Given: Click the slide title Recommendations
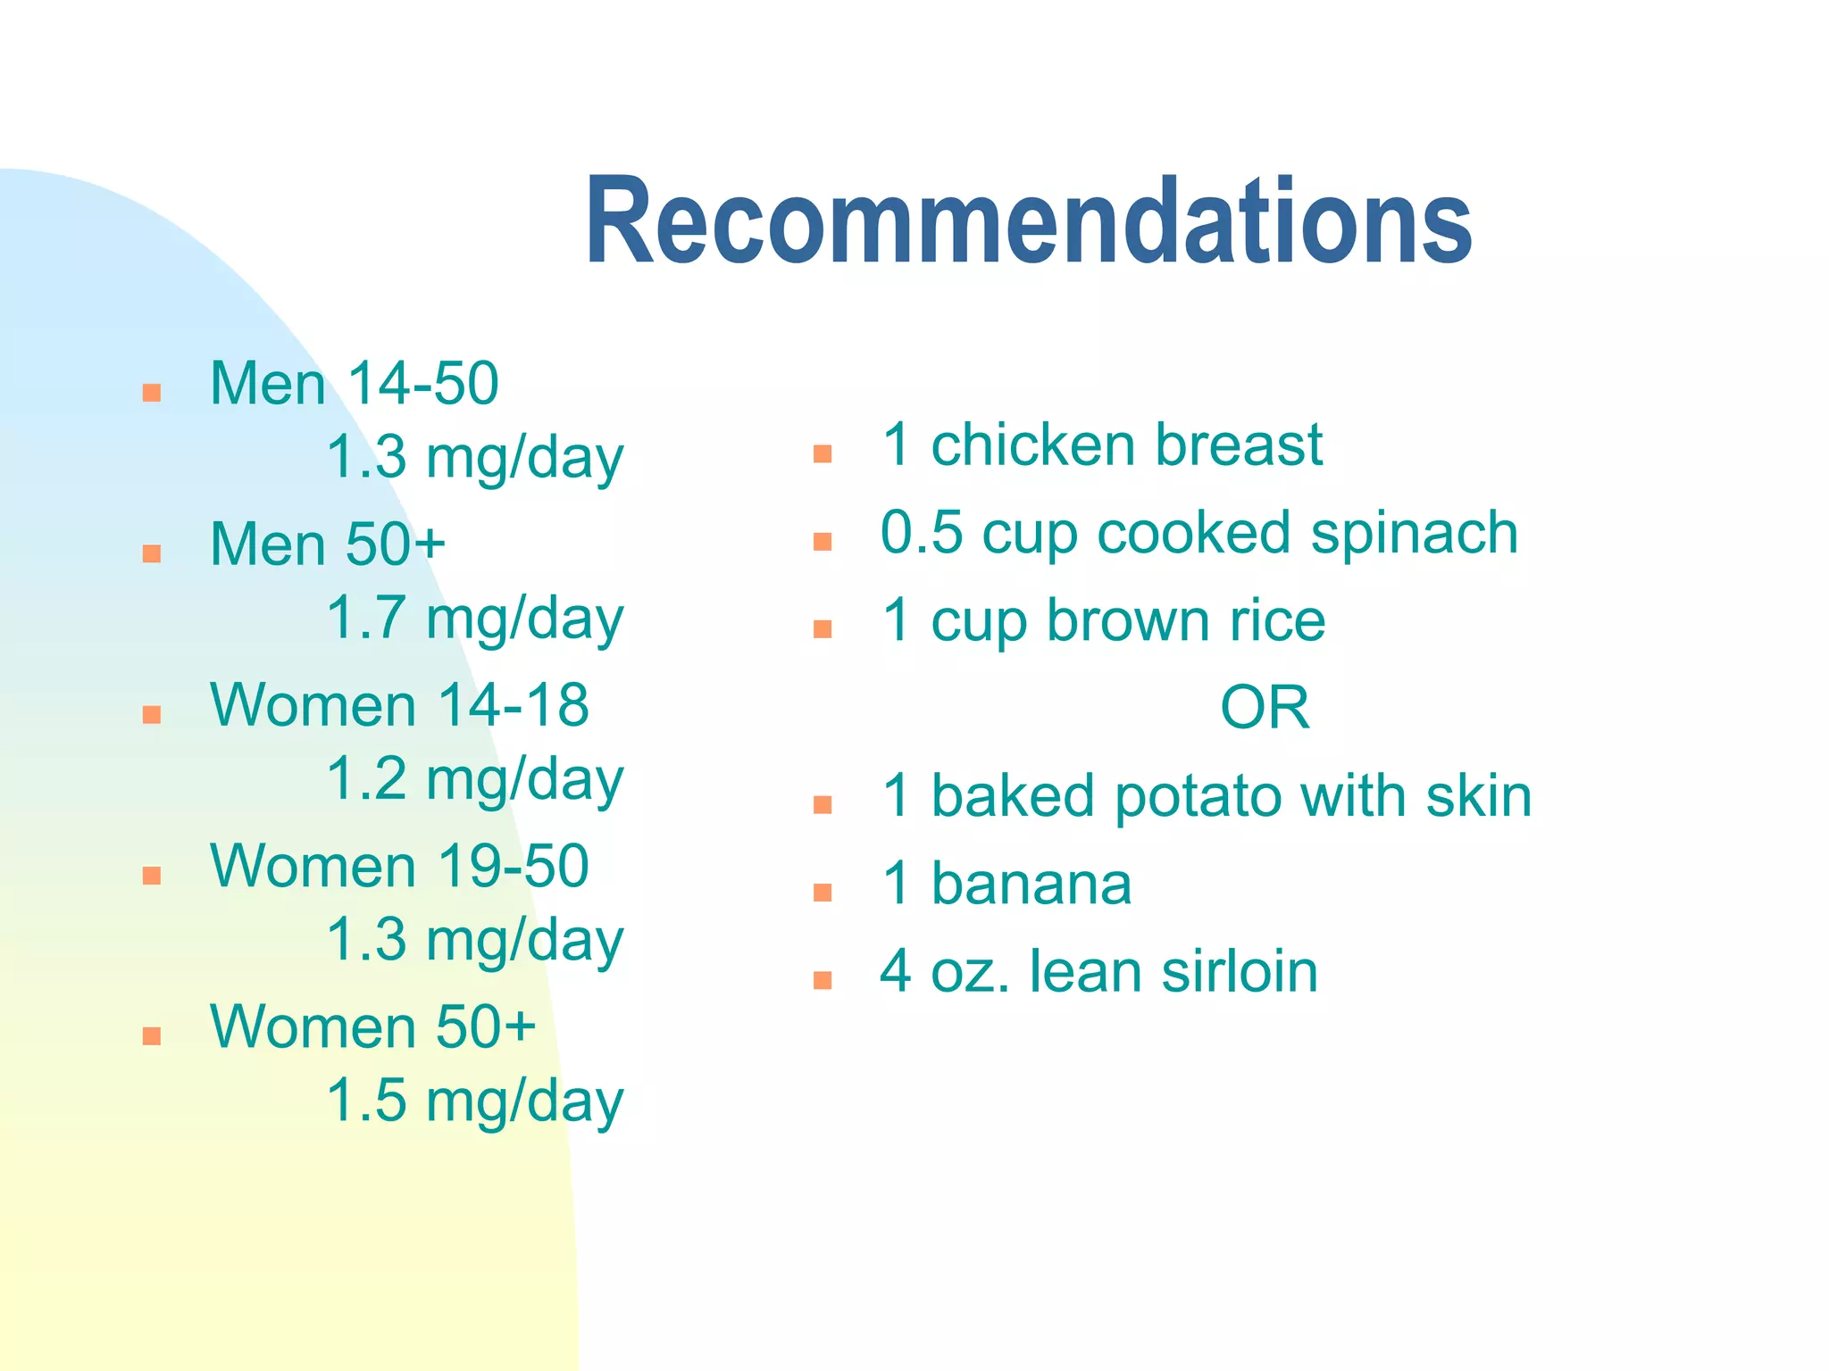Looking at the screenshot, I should click(1028, 220).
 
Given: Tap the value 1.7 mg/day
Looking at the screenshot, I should click(474, 619).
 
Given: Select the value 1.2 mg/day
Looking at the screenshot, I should click(474, 779).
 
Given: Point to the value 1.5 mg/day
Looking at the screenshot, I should click(474, 1101).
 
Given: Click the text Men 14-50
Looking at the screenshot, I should click(354, 384).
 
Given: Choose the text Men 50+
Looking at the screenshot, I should click(328, 544).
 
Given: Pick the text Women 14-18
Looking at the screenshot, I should click(399, 705).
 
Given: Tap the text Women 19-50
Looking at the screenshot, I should click(399, 866).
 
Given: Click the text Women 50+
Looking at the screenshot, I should click(372, 1026).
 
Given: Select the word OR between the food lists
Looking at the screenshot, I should click(1265, 708).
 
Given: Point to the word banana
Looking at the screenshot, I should click(1031, 885).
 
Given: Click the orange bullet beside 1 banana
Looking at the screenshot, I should click(823, 893).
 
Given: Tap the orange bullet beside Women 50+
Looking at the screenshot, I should click(152, 1035).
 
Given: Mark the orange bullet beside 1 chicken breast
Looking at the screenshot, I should click(823, 453).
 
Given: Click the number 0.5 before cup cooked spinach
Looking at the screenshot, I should click(922, 533).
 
